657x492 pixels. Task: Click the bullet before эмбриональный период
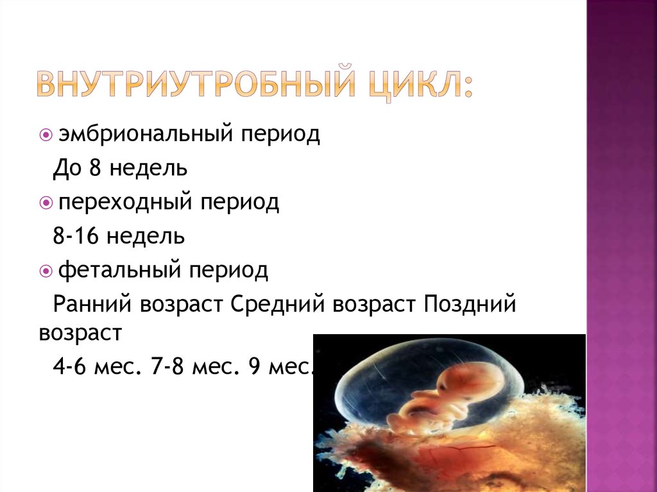tap(46, 136)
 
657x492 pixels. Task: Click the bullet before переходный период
tap(46, 203)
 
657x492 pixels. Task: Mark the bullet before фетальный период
tap(46, 271)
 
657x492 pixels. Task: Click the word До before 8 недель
tap(67, 169)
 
